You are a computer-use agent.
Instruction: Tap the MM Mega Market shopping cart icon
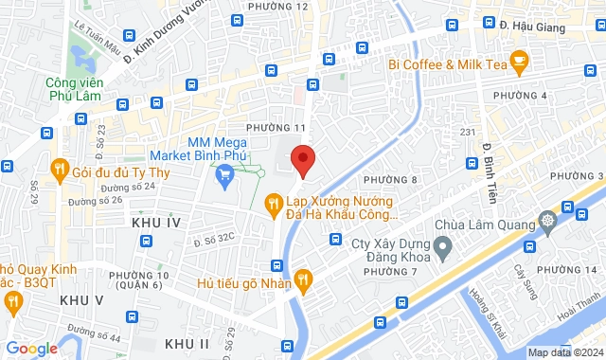click(x=224, y=173)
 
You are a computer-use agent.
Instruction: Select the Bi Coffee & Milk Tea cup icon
click(x=518, y=63)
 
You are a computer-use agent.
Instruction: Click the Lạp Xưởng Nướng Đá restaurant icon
click(x=273, y=201)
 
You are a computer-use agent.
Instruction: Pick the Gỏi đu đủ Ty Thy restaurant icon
click(x=59, y=171)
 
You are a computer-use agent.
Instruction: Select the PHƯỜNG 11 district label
click(x=276, y=127)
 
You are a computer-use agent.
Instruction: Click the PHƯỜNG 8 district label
click(x=391, y=179)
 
